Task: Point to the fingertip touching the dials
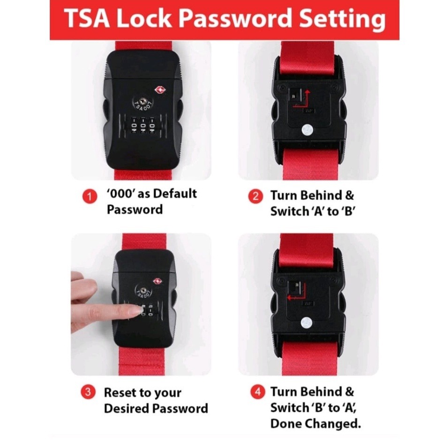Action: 136,309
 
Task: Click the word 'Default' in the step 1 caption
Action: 175,194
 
